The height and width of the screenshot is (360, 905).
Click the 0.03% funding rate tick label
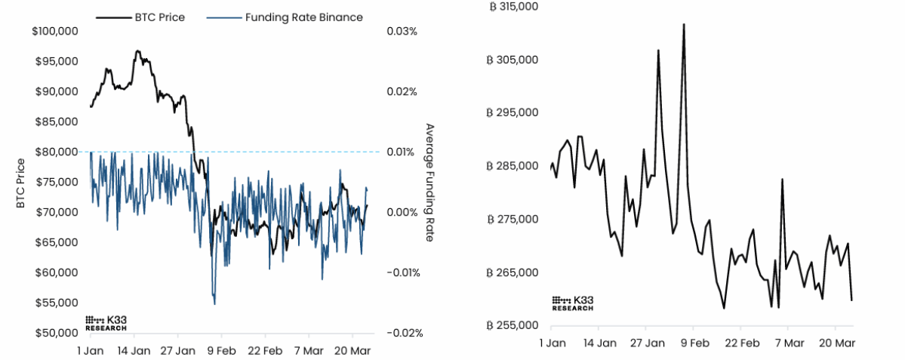pyautogui.click(x=402, y=32)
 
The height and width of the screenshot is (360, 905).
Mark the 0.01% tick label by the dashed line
pyautogui.click(x=402, y=152)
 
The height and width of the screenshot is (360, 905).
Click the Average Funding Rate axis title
pyautogui.click(x=429, y=182)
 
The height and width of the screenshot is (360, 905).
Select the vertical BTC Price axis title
pyautogui.click(x=21, y=183)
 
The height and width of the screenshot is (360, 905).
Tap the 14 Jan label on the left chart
pyautogui.click(x=134, y=351)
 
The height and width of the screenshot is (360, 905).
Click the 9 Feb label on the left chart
pyautogui.click(x=221, y=351)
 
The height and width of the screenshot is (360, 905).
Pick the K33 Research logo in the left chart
pyautogui.click(x=106, y=323)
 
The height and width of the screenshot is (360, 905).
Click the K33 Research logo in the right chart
pyautogui.click(x=572, y=303)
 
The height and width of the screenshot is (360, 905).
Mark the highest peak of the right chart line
pyautogui.click(x=684, y=24)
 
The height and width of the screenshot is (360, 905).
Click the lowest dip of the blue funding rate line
pyautogui.click(x=215, y=304)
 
